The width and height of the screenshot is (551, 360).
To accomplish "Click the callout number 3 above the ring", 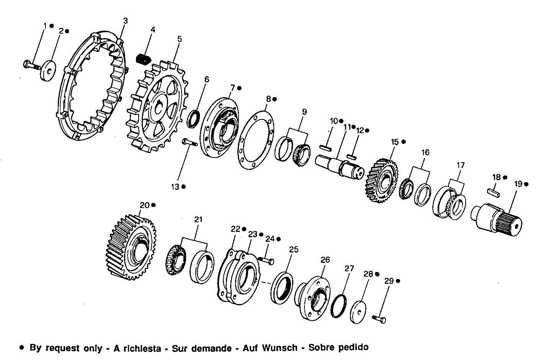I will point(125,20).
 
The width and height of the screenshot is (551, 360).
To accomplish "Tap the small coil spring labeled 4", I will point(144,59).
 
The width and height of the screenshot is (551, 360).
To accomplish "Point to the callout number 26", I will point(325,260).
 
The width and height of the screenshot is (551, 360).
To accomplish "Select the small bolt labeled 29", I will point(379,318).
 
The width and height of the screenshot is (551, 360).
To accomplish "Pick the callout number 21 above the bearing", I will point(198,220).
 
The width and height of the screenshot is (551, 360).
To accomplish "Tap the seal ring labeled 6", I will point(193,118).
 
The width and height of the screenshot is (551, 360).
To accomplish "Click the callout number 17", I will point(460,165).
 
